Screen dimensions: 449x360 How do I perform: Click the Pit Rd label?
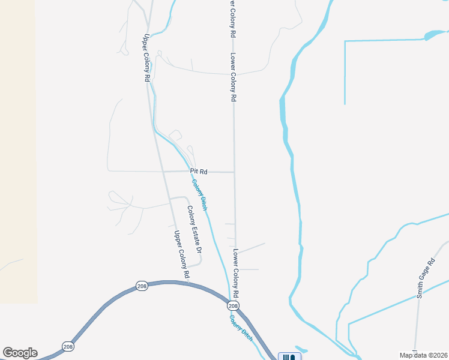[x=199, y=172]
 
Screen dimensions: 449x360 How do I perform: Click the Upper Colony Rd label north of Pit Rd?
[x=146, y=58]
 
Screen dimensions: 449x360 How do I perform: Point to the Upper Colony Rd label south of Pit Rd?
[x=182, y=254]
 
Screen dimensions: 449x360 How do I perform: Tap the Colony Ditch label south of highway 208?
[x=241, y=328]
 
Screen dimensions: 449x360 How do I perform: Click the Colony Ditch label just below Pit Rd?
[x=200, y=194]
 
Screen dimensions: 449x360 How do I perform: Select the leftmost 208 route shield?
[x=68, y=346]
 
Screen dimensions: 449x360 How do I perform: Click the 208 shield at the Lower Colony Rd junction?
[x=234, y=306]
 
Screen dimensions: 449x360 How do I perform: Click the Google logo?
[x=20, y=353]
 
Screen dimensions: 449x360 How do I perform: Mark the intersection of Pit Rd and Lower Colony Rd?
[x=234, y=172]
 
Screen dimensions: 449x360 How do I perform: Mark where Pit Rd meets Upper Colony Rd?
[x=163, y=172]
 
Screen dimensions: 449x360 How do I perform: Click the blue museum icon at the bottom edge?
[x=289, y=357]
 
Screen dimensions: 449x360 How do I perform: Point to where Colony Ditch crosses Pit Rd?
[x=190, y=172]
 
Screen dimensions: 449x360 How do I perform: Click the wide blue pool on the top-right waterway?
[x=432, y=36]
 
